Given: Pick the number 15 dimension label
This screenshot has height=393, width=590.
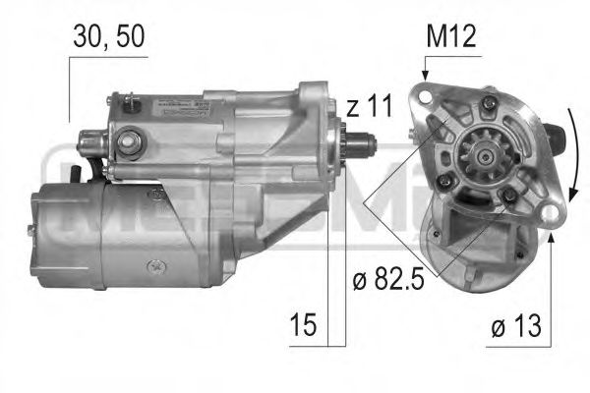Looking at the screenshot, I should coord(305,325).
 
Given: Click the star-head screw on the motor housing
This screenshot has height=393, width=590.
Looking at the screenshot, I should coord(154,265).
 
